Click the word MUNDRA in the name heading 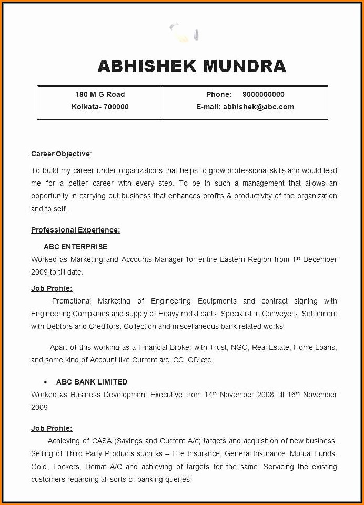click(x=244, y=66)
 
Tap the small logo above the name click(x=184, y=33)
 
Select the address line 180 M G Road click(x=100, y=94)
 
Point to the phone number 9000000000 click(x=263, y=94)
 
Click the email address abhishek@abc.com click(x=258, y=107)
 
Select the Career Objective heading click(x=60, y=154)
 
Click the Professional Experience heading click(x=75, y=230)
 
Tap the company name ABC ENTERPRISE click(x=75, y=247)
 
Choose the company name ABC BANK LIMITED click(x=92, y=382)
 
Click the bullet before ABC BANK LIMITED click(x=45, y=382)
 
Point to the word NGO click(x=239, y=347)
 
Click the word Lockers click(x=66, y=467)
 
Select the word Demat click(x=96, y=467)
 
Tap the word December click(x=320, y=259)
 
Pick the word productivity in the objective click(x=254, y=196)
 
